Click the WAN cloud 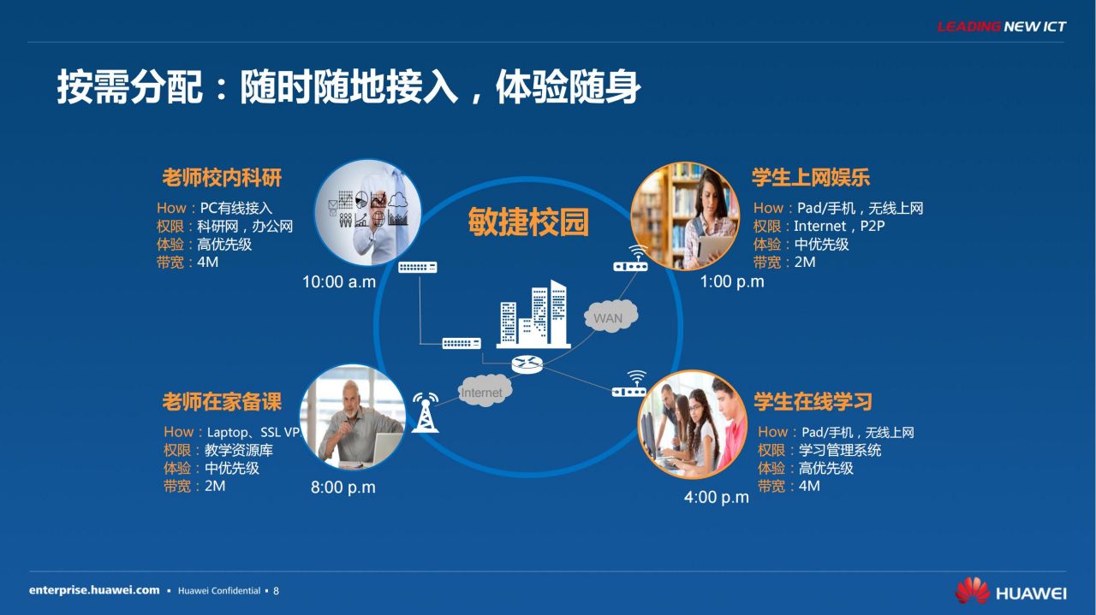[x=611, y=316]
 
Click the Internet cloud [x=485, y=390]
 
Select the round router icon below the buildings [x=527, y=364]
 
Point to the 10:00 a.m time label [x=339, y=282]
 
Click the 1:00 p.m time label [x=732, y=281]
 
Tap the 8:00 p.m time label [x=343, y=488]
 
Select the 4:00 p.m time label [x=717, y=497]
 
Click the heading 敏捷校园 [x=528, y=222]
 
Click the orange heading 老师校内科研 [x=222, y=177]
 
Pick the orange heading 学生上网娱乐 [x=811, y=177]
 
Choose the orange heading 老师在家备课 [x=222, y=402]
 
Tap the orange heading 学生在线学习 [x=813, y=402]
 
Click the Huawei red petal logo [x=972, y=590]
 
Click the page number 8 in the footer [x=276, y=591]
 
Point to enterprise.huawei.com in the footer [x=94, y=590]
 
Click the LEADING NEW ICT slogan [x=1002, y=27]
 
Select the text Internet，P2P [x=839, y=226]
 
